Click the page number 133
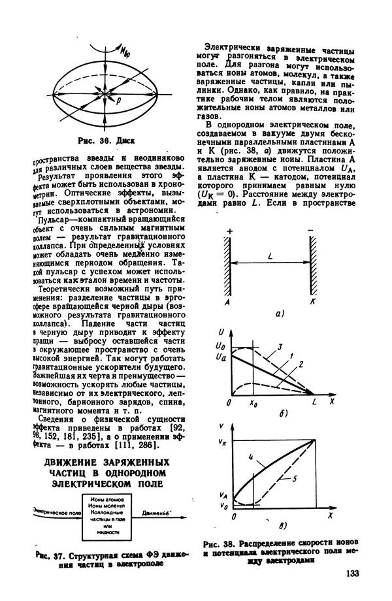(x=350, y=574)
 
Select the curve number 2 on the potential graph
(x=300, y=363)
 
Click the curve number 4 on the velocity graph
(x=251, y=457)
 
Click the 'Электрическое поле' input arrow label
(x=57, y=515)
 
